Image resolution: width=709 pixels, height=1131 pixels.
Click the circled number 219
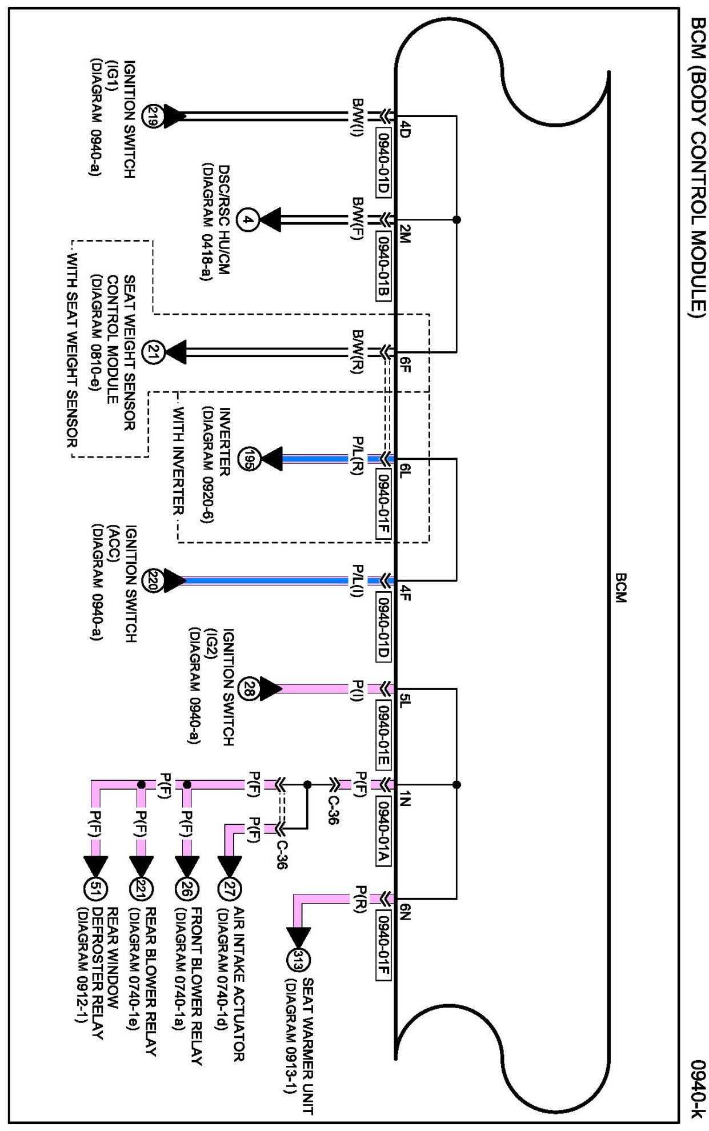click(x=151, y=116)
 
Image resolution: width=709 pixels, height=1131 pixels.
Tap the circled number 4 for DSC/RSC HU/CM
click(x=247, y=219)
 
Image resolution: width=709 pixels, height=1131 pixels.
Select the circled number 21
click(x=153, y=352)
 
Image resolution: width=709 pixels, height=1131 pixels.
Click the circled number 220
click(x=153, y=581)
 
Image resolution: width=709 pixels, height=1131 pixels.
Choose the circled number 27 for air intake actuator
click(x=230, y=889)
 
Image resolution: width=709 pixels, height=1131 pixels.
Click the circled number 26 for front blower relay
click(x=186, y=889)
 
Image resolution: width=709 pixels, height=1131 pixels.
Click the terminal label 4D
click(x=404, y=129)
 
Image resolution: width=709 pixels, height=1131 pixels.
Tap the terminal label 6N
click(x=404, y=911)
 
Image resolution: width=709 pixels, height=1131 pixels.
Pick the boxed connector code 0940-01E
click(x=383, y=734)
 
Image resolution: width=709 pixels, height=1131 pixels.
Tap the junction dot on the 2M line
click(x=456, y=219)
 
